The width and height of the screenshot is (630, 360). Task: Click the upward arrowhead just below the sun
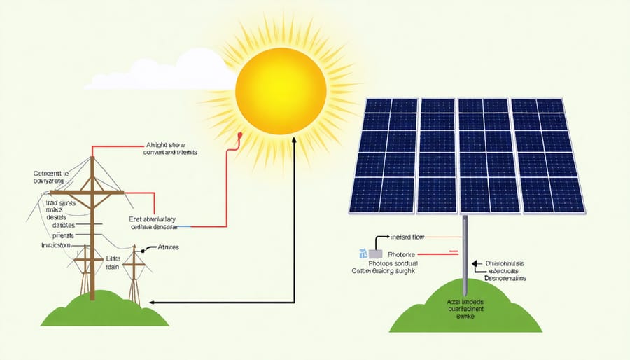click(x=294, y=140)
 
